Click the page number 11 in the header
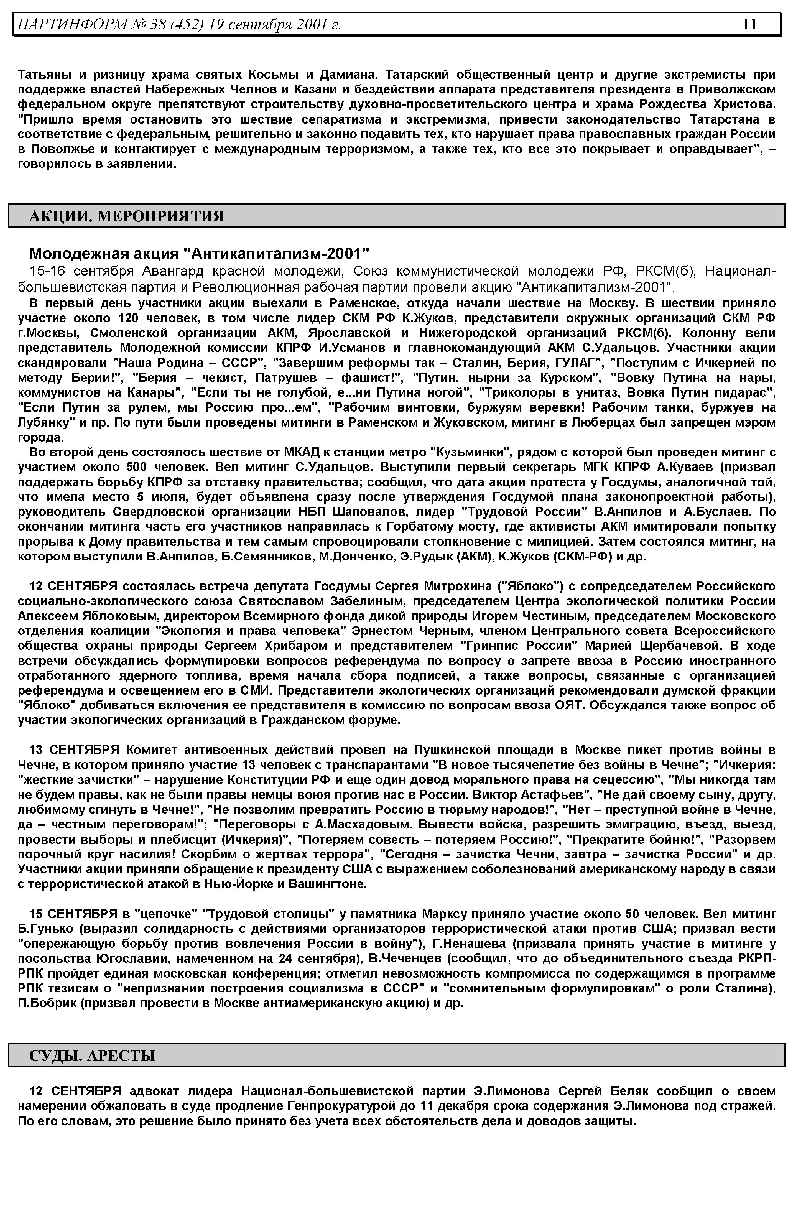click(750, 24)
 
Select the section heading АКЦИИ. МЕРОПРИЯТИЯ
click(127, 216)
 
